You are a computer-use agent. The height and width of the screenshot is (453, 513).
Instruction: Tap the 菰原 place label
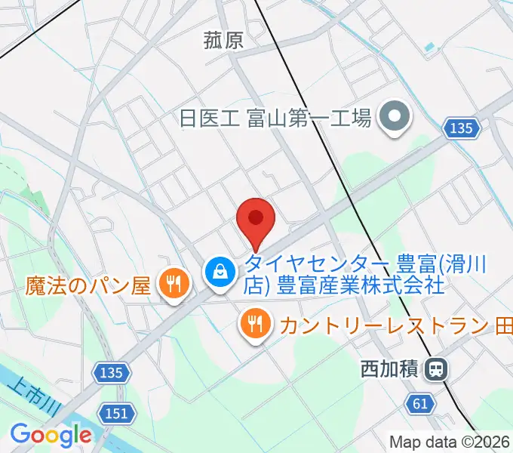[x=224, y=40]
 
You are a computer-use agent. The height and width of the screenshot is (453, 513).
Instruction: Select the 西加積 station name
[x=389, y=369]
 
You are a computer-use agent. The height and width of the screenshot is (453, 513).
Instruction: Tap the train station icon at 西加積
[x=436, y=369]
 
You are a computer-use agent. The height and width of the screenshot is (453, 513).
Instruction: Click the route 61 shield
[x=421, y=405]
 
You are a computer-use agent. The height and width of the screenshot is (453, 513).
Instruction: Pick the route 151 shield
[x=117, y=413]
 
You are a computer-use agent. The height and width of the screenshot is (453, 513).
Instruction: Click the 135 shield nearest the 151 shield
[x=112, y=371]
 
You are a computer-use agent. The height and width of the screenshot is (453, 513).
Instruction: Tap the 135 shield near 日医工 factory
[x=460, y=128]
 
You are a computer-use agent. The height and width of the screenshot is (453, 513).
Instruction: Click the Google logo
[x=50, y=435]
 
